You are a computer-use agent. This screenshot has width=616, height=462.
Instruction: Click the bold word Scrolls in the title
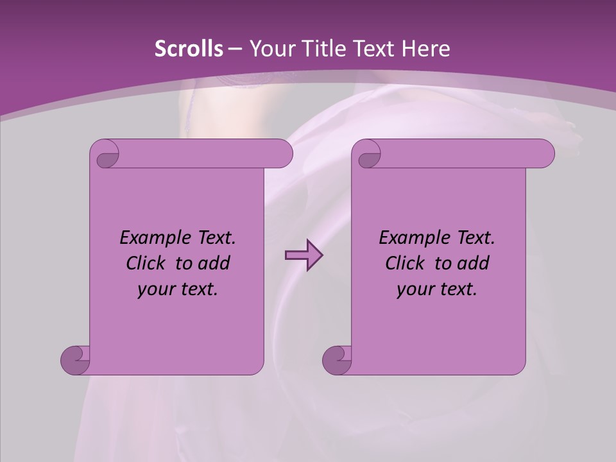pos(189,49)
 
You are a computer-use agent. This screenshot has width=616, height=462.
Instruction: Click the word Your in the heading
pos(269,49)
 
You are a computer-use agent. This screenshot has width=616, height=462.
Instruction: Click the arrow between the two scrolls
pos(304,255)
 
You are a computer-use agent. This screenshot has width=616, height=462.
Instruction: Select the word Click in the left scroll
pos(146,263)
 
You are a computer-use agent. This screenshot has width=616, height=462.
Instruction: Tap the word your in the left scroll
pos(155,289)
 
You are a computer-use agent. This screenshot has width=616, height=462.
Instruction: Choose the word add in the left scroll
pos(214,263)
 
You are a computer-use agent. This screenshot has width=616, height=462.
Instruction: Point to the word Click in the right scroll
pos(405,263)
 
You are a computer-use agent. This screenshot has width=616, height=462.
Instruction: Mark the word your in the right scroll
pos(414,289)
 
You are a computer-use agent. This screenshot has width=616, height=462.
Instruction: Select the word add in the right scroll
pos(474,263)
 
